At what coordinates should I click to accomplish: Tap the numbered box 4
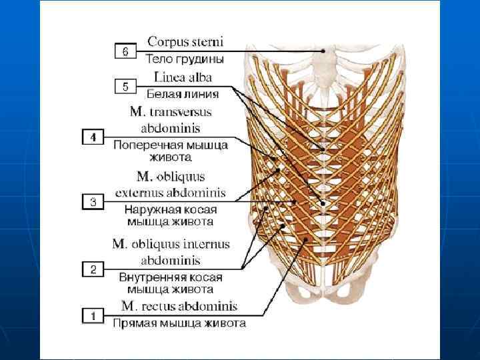tap(93, 137)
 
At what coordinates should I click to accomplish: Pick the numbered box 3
tap(93, 201)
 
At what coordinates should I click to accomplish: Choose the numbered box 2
tap(93, 269)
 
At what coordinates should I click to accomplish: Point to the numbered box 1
tap(93, 315)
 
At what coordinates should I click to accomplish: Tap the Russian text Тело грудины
tap(185, 59)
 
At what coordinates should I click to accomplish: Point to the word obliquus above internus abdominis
tap(155, 245)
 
